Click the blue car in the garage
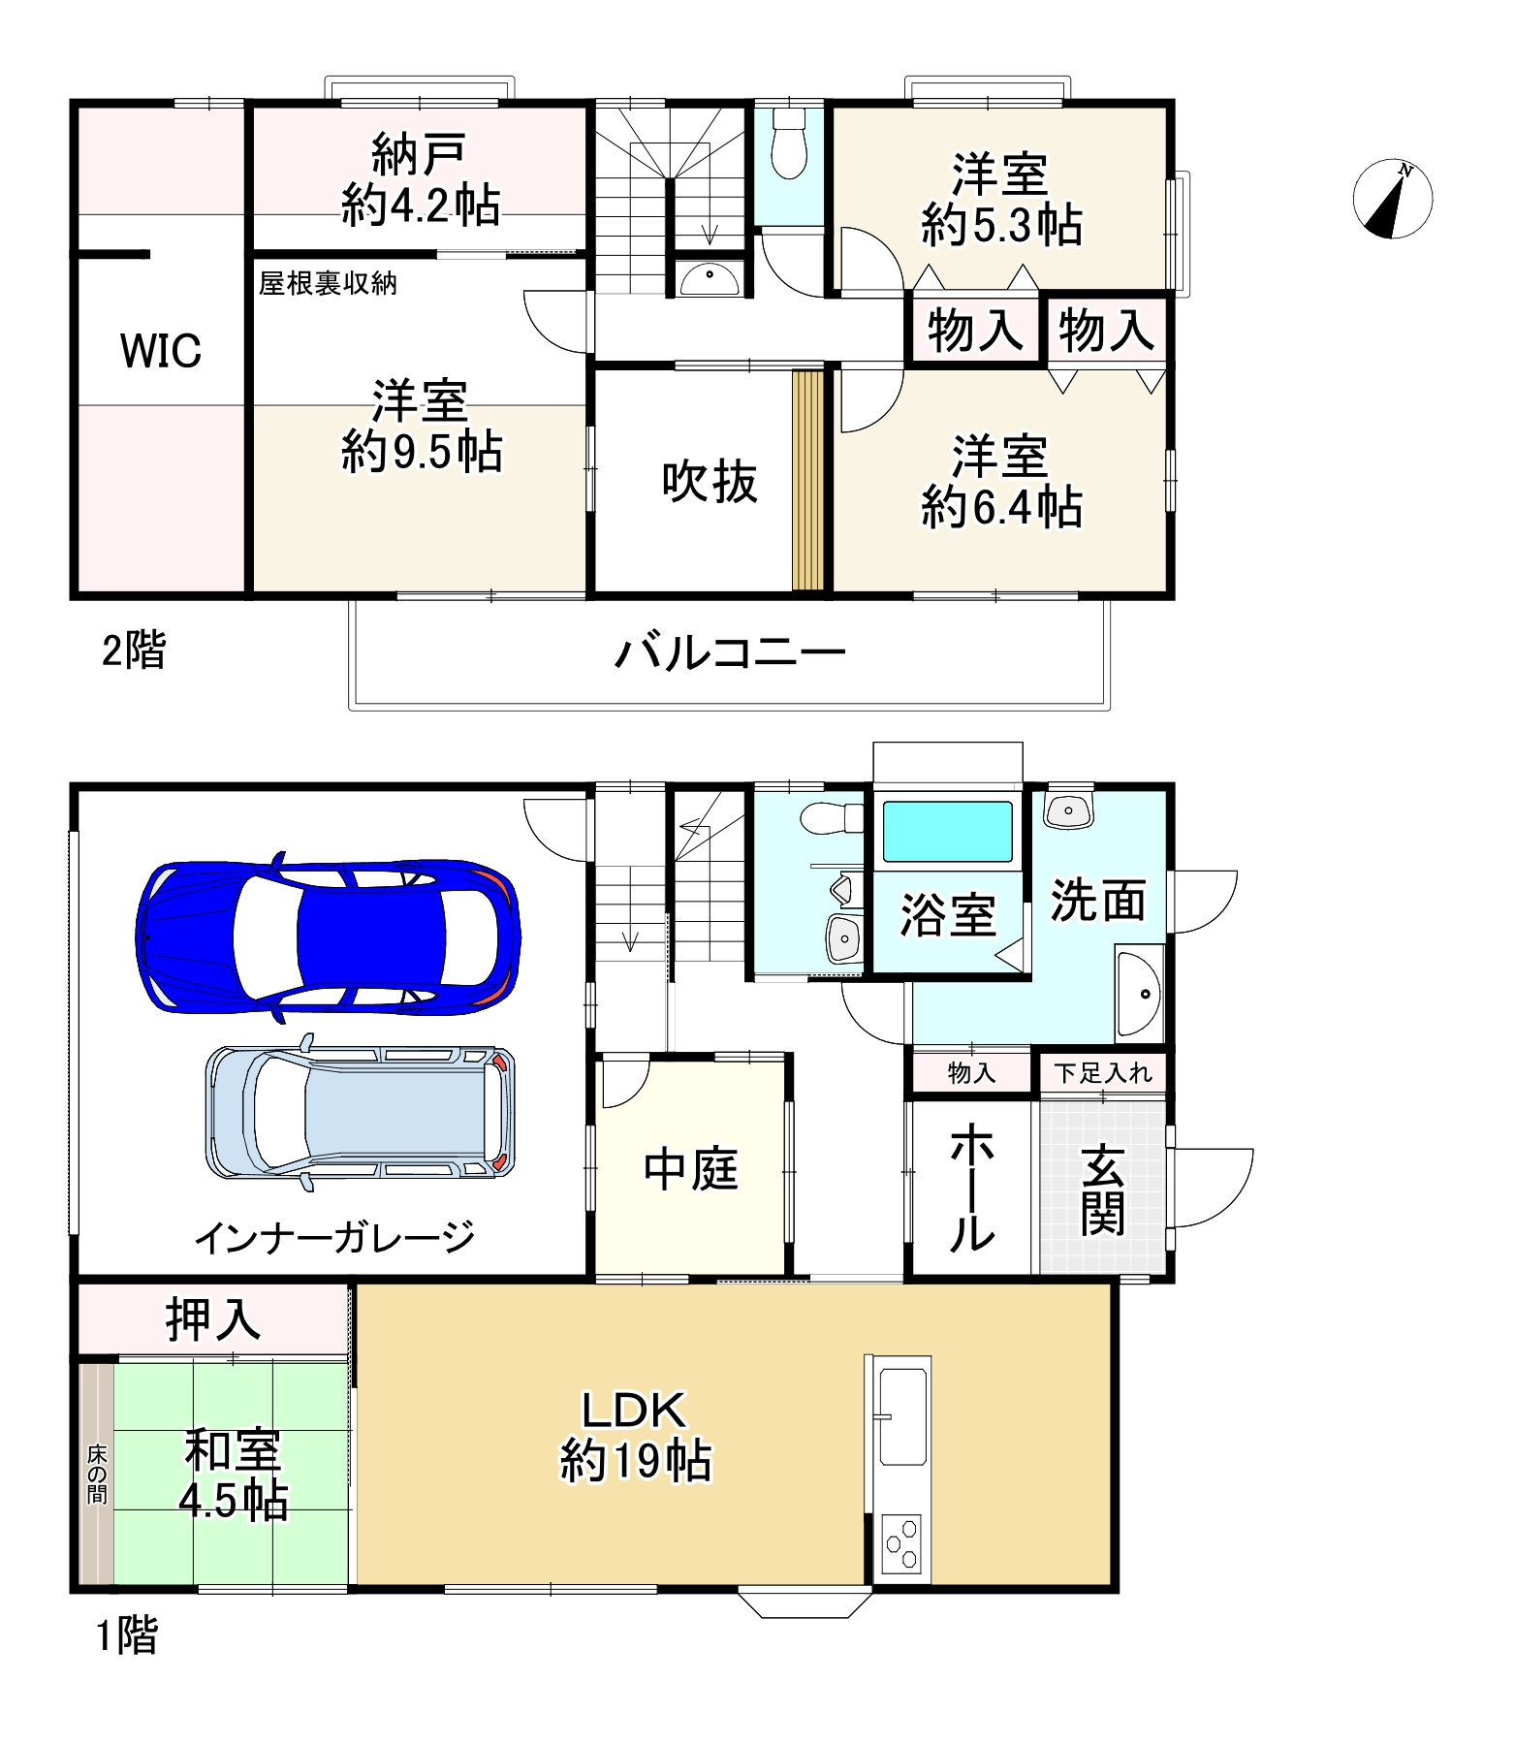click(x=328, y=937)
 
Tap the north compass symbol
click(x=1392, y=200)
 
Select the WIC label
click(x=161, y=350)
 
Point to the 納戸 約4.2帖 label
click(x=420, y=181)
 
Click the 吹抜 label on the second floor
click(x=709, y=482)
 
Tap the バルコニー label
click(x=730, y=653)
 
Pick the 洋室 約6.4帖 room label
click(x=1000, y=482)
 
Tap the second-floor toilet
click(x=789, y=145)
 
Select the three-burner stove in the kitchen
click(x=902, y=1542)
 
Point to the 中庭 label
click(x=691, y=1169)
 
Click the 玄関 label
click(x=1103, y=1189)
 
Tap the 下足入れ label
click(x=1103, y=1073)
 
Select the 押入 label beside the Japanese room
click(x=212, y=1319)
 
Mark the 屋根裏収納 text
click(x=328, y=283)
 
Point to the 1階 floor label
click(x=126, y=1636)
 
